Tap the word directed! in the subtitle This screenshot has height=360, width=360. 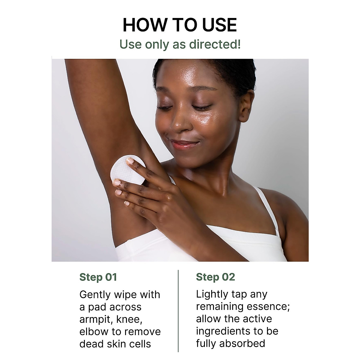(x=214, y=44)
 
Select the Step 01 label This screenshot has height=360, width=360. (x=98, y=277)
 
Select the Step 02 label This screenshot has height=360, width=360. (x=215, y=277)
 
